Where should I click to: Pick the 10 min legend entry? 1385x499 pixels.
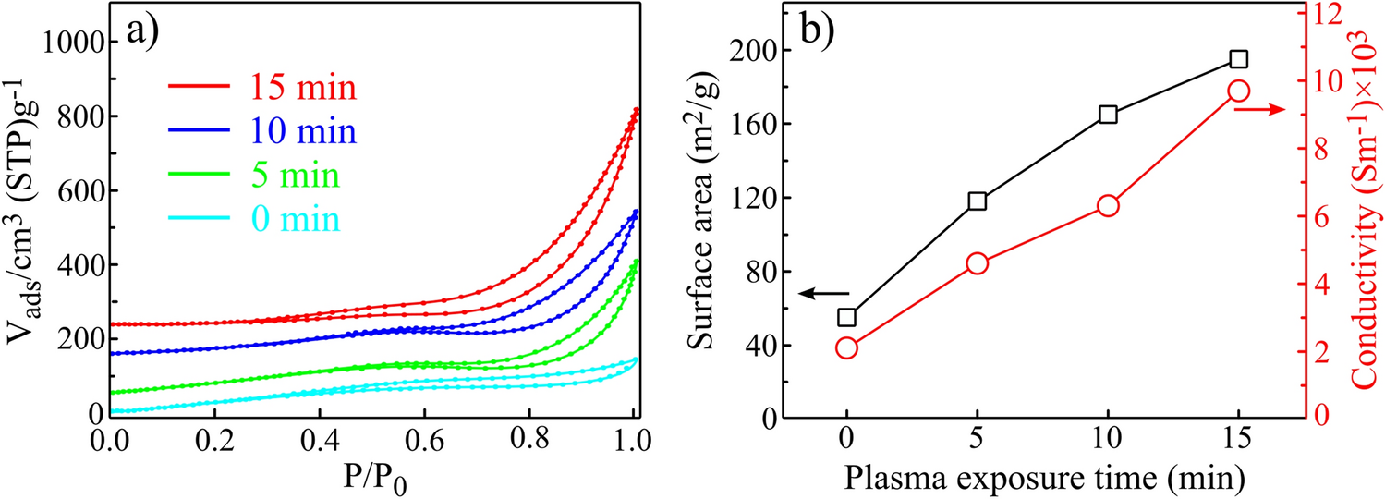262,132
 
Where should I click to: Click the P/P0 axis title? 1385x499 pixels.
370,477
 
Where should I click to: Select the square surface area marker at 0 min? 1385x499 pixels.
846,318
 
